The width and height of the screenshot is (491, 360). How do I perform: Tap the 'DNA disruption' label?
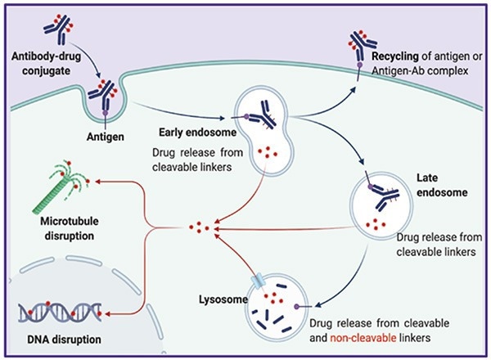tap(53, 336)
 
